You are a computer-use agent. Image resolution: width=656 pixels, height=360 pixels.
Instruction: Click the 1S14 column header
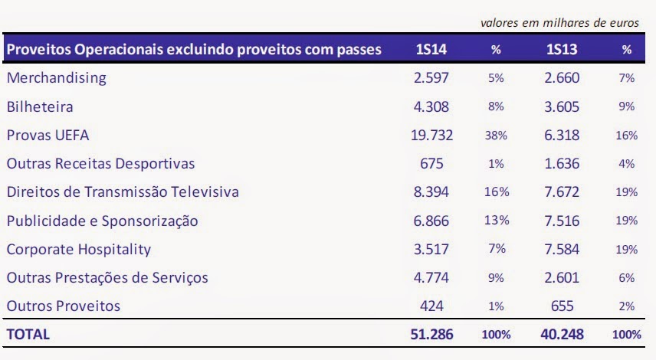click(431, 49)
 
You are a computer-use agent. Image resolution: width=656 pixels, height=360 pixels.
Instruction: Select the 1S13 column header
click(562, 49)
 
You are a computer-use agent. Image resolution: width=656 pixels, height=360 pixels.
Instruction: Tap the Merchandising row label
click(57, 78)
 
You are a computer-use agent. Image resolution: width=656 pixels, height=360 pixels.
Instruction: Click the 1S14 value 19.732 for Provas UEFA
click(431, 135)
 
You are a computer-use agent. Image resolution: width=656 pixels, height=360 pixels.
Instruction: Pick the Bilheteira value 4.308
click(431, 106)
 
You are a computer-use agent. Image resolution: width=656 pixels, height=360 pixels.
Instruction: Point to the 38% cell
click(496, 136)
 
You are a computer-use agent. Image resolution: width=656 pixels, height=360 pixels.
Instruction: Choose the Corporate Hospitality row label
click(79, 250)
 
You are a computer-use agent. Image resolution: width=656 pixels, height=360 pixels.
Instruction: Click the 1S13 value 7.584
click(562, 249)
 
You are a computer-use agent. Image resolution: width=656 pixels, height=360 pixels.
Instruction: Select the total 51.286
click(431, 334)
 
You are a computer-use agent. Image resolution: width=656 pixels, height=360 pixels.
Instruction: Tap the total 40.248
click(562, 334)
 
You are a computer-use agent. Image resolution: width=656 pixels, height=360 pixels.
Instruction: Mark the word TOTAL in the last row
click(28, 335)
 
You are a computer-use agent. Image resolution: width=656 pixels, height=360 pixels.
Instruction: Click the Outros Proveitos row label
click(63, 306)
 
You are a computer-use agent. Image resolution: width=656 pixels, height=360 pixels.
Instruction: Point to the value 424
click(431, 306)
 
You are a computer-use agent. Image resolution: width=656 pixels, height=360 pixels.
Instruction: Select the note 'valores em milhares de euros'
click(559, 22)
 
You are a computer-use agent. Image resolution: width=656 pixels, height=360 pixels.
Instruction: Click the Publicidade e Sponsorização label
click(102, 221)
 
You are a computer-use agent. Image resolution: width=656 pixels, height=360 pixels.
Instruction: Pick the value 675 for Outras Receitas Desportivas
click(431, 163)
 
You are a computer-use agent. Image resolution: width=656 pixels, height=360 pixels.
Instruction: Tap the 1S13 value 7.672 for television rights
click(562, 192)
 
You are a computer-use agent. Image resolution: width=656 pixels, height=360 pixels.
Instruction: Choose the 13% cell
click(497, 221)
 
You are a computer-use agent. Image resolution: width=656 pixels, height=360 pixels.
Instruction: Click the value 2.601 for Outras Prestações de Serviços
click(562, 277)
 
